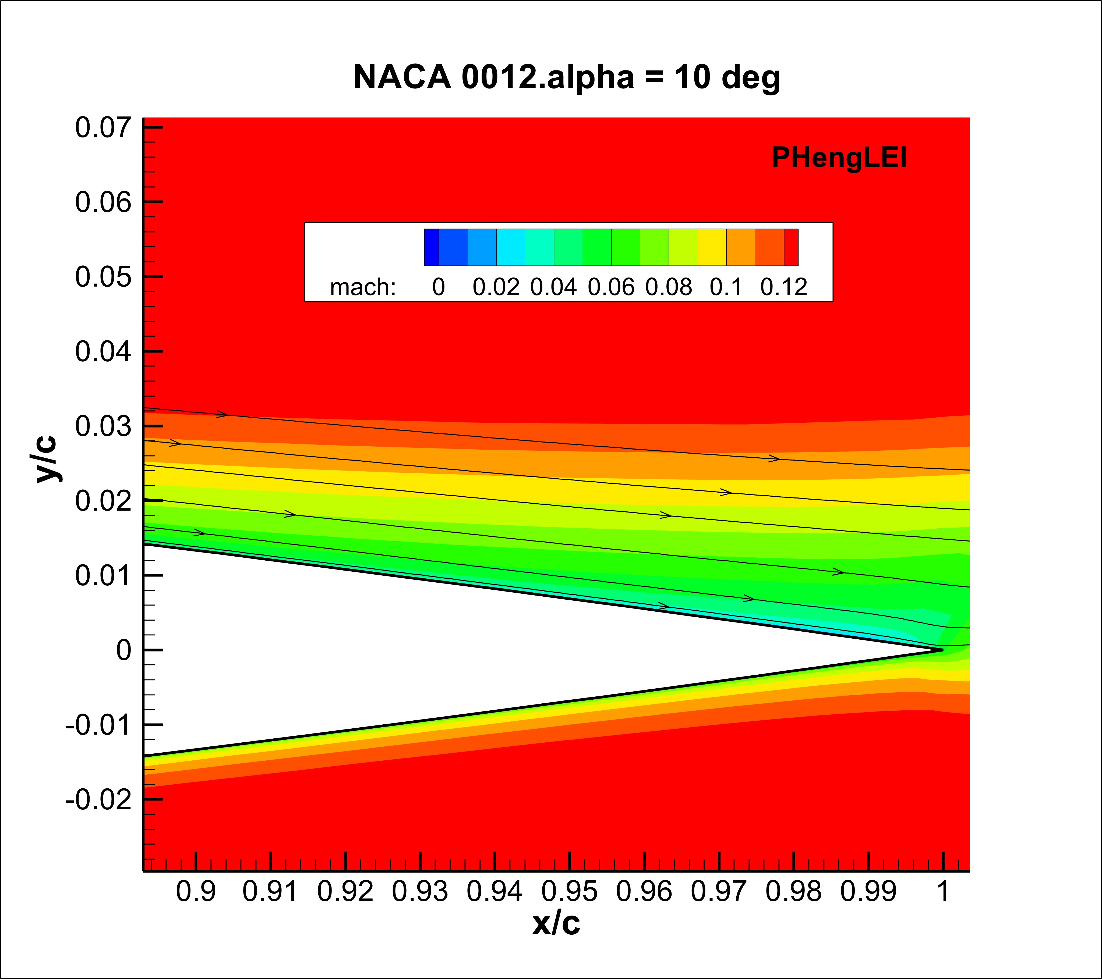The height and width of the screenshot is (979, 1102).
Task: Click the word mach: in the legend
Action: tap(363, 287)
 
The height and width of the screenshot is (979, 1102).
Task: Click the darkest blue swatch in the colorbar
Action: tap(432, 247)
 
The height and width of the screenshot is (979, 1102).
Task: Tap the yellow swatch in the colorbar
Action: tap(712, 247)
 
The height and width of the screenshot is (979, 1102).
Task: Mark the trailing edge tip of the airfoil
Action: tap(942, 650)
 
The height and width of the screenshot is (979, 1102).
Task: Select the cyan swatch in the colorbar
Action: tap(511, 247)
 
